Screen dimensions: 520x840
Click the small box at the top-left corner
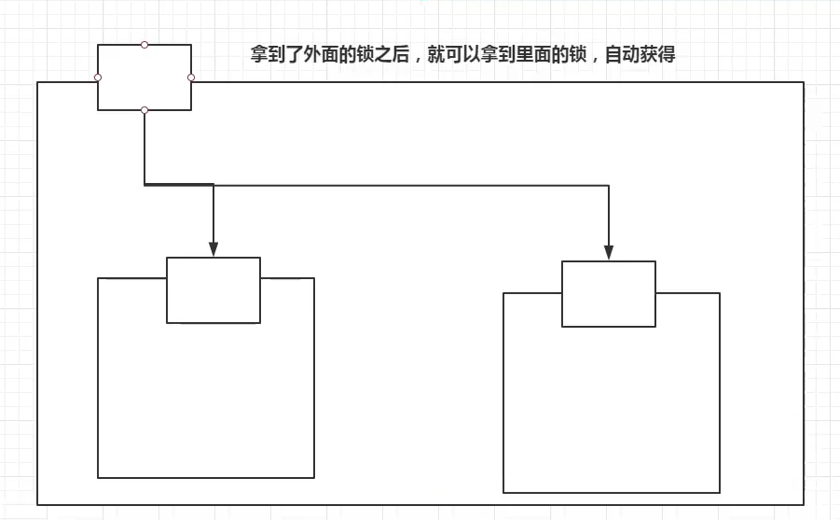pos(145,77)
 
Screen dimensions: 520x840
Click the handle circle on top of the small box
pos(145,44)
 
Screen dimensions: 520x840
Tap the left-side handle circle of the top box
pos(98,77)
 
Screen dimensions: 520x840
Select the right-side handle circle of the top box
pos(191,77)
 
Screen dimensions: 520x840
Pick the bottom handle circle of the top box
pos(145,110)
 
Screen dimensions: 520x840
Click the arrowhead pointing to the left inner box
pos(213,248)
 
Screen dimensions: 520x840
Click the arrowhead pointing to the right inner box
pos(609,252)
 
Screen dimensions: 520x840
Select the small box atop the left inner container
pos(213,290)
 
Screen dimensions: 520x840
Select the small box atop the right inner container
pos(609,294)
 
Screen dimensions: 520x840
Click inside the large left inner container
pos(205,401)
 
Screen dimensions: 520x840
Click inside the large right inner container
pos(611,411)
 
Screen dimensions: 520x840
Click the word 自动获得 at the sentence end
pos(640,54)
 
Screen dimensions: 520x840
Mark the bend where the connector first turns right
pos(145,185)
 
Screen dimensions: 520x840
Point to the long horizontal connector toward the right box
pos(420,186)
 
